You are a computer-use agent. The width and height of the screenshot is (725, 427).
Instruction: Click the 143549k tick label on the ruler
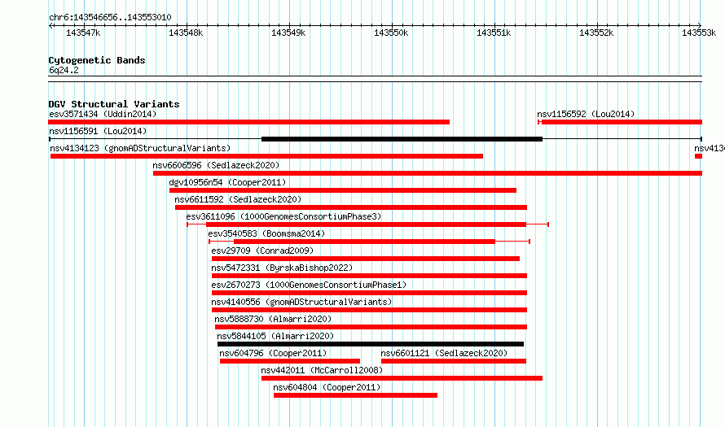coord(288,33)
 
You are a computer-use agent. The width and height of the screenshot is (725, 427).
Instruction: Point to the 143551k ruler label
coord(494,33)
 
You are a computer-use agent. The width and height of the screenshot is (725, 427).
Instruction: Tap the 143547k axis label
coord(83,33)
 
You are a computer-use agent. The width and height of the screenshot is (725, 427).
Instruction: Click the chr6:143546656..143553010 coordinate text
coord(110,18)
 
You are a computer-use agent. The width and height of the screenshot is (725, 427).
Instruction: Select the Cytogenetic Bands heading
coord(97,60)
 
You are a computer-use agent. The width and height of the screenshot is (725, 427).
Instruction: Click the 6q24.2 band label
coord(64,70)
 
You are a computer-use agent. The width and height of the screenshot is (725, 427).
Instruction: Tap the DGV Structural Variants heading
coord(114,104)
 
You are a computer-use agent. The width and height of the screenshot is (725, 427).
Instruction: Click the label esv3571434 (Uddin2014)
coord(103,114)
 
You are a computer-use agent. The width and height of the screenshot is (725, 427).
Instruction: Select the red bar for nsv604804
coord(355,395)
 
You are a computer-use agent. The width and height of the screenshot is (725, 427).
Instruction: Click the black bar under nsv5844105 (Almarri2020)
coord(371,344)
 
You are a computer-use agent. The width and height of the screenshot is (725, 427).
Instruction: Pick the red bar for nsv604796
coord(290,361)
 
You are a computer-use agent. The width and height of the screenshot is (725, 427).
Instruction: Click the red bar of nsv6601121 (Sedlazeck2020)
coord(454,361)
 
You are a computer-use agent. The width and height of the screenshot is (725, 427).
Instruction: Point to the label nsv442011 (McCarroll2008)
coord(322,370)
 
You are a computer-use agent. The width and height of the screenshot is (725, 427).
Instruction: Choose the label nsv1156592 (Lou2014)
coord(586,114)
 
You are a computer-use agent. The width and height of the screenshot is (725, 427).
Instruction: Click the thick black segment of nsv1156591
coord(402,139)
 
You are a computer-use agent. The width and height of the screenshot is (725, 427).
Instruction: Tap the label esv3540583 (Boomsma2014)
coord(266,233)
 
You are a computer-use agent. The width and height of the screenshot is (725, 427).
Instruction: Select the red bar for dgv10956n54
coord(343,190)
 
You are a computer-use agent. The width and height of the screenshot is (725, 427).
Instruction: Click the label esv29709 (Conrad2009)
coord(262,251)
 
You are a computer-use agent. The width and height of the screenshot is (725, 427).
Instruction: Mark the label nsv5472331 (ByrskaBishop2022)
coord(282,268)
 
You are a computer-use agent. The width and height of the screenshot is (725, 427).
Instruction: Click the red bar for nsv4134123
coord(267,156)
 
